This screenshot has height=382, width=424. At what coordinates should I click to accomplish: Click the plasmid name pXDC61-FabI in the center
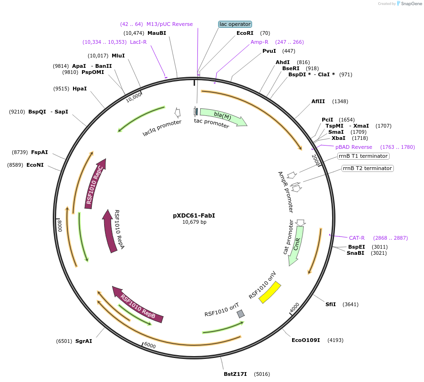tap(194, 216)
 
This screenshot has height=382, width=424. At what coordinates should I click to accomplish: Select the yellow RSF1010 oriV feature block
tap(270, 293)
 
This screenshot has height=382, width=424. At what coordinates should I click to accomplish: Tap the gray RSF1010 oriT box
tap(241, 314)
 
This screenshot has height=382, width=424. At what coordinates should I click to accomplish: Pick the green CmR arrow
tap(296, 245)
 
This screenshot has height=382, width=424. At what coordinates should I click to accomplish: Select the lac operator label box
tap(235, 24)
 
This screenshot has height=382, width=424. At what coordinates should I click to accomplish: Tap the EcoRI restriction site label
tap(245, 33)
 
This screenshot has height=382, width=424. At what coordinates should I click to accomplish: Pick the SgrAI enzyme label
tap(83, 341)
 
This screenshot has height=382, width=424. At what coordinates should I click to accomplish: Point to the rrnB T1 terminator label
tap(363, 156)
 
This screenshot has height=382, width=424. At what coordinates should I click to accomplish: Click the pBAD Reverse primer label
tap(353, 147)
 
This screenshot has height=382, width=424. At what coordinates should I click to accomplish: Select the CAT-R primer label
tap(357, 238)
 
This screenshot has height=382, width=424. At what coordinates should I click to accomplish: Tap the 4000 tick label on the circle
tap(294, 307)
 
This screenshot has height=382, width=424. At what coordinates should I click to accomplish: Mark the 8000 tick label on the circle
tap(60, 226)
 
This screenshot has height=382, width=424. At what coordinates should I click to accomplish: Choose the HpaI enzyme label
tap(80, 89)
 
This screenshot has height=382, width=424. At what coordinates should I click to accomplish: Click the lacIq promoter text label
tap(162, 128)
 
